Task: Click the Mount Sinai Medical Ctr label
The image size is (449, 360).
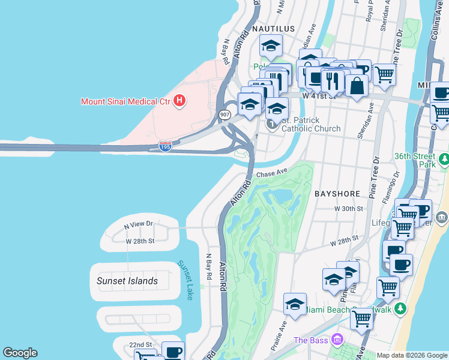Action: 125,101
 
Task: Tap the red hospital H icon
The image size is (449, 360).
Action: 178,101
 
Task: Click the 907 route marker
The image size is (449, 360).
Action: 224,114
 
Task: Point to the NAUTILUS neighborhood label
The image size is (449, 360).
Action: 273,29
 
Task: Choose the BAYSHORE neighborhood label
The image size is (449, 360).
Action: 337,194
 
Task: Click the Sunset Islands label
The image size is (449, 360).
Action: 127,281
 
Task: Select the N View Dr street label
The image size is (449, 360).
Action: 139,224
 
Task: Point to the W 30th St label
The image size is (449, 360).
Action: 349,209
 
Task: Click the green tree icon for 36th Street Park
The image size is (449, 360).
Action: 444,160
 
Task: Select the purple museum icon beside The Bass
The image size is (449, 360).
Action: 337,340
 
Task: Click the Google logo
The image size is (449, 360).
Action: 20,353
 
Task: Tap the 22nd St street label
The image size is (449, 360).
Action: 140,345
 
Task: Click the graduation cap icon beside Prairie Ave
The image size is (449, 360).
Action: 295,305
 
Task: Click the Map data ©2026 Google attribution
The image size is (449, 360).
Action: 411,355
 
